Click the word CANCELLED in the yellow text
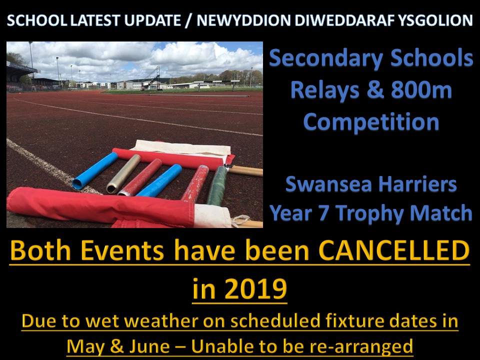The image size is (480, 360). point(394,250)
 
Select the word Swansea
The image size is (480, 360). point(328,184)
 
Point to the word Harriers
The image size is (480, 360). point(417,184)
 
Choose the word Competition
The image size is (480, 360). point(371,122)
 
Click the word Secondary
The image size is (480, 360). point(326,58)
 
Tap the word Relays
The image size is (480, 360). point(324,91)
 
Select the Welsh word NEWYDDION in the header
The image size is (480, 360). point(243,20)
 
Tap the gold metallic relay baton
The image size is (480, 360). point(123,173)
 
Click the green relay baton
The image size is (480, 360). point(217,186)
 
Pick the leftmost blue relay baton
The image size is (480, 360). point(94,170)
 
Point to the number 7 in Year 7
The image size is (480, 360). point(324,213)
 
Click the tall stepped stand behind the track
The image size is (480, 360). point(151,78)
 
